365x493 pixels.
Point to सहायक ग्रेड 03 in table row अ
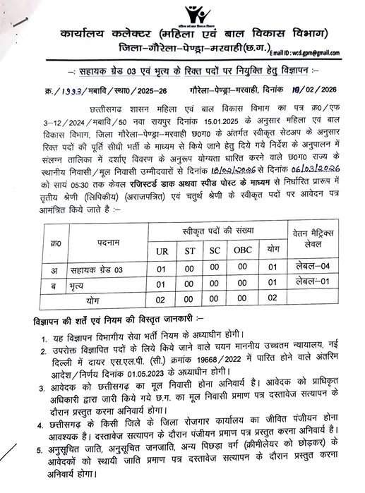[84, 268]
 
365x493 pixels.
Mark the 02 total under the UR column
[162, 299]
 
